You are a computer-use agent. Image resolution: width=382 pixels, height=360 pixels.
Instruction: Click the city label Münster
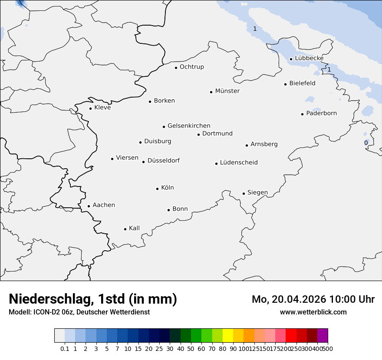pos(227,91)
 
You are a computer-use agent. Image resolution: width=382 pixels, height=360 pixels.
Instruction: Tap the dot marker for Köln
pos(158,189)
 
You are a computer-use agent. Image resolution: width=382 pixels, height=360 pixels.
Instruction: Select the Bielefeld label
pos(303,83)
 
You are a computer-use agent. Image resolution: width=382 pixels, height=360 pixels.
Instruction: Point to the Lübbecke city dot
pos(291,59)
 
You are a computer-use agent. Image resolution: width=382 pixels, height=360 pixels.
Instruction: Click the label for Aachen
pos(104,205)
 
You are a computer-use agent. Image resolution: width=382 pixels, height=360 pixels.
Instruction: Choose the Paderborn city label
pos(322,113)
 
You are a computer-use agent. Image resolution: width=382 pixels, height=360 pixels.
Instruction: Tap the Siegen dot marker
pos(244,193)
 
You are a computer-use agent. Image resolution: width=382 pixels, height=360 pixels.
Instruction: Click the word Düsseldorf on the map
pos(164,160)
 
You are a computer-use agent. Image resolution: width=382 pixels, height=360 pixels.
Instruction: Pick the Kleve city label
pos(102,108)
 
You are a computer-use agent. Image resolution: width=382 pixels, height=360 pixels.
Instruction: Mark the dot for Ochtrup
pos(176,68)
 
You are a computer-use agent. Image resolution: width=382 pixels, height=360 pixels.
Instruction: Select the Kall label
pos(135,228)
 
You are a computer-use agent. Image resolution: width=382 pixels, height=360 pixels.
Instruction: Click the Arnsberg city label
pos(264,144)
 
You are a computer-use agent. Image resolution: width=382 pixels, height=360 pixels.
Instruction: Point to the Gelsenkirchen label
pos(189,126)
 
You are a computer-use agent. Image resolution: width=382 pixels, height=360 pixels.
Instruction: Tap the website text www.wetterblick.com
pos(313,312)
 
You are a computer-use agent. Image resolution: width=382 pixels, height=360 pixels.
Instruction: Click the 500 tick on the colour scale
pos(328,349)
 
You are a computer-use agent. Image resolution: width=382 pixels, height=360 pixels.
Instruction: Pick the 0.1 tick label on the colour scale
pos(65,349)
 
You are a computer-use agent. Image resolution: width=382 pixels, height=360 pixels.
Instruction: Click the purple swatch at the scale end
pos(323,336)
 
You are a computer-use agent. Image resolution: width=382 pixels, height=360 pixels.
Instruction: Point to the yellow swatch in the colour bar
pos(228,336)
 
